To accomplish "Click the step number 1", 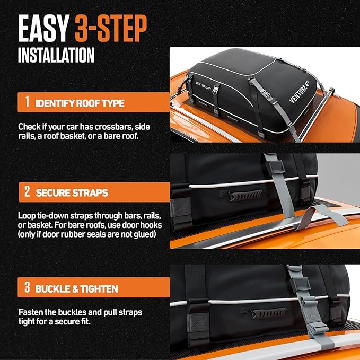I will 26,102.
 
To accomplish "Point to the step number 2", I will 26,192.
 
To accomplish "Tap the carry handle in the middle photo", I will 245,196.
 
